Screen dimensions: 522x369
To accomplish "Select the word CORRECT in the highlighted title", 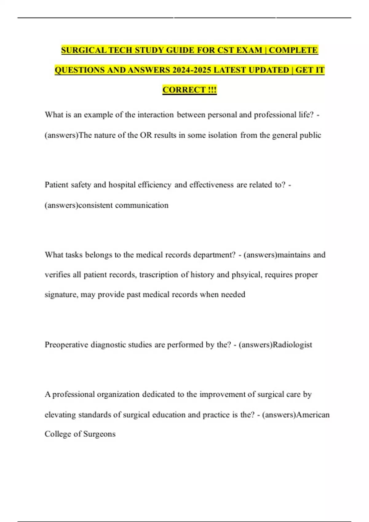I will click(x=184, y=90).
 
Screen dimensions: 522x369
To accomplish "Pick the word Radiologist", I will click(x=292, y=345).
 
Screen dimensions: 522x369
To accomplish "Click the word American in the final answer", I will click(x=313, y=415).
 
